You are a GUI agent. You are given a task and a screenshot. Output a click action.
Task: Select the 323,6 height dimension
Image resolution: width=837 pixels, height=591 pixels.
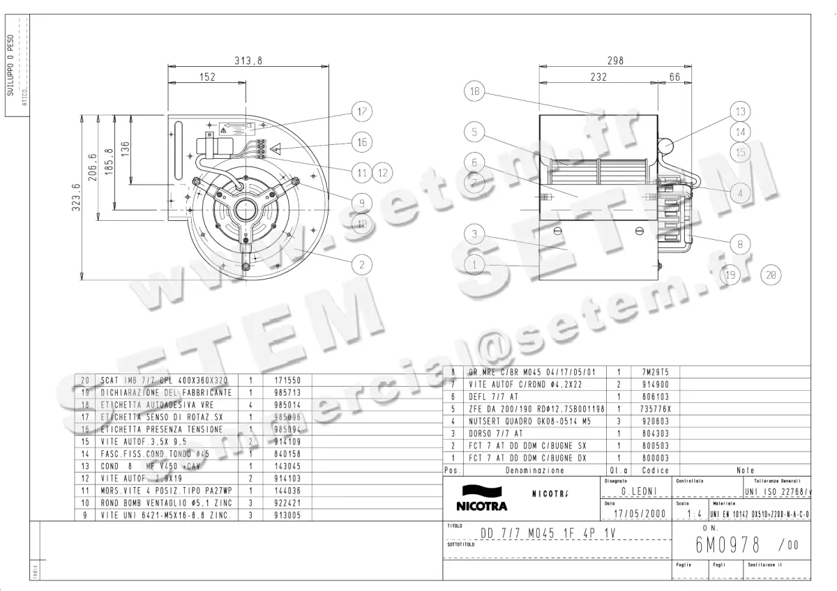(x=77, y=197)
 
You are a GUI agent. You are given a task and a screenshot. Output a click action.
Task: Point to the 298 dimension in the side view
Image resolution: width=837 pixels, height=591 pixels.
(x=614, y=61)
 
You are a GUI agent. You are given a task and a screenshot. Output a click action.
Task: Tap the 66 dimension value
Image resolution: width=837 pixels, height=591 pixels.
(x=674, y=77)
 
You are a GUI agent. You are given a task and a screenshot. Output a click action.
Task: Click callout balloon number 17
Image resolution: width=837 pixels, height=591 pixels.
(x=362, y=112)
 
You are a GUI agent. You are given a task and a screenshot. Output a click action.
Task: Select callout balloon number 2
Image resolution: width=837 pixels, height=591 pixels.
(x=362, y=264)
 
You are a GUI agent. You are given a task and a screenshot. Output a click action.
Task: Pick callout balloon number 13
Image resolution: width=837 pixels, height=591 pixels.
(x=740, y=112)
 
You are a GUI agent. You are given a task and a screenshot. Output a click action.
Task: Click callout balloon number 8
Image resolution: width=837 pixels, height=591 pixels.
(x=740, y=245)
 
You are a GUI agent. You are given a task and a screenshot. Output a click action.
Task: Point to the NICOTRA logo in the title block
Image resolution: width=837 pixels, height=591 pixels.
(x=481, y=498)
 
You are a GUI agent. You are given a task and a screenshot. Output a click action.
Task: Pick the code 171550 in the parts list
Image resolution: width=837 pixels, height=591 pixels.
(x=278, y=381)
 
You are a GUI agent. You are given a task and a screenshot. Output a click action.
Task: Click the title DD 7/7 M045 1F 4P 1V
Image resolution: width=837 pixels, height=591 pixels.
(x=549, y=533)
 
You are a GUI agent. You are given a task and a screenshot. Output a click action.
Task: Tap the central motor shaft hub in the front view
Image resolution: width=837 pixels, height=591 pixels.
(x=246, y=208)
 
